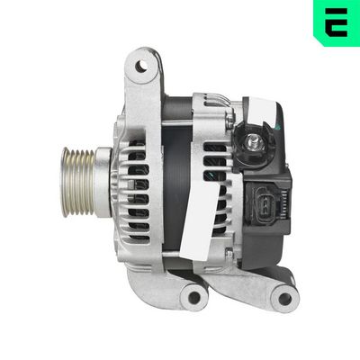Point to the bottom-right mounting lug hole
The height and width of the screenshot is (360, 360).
[285, 298]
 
